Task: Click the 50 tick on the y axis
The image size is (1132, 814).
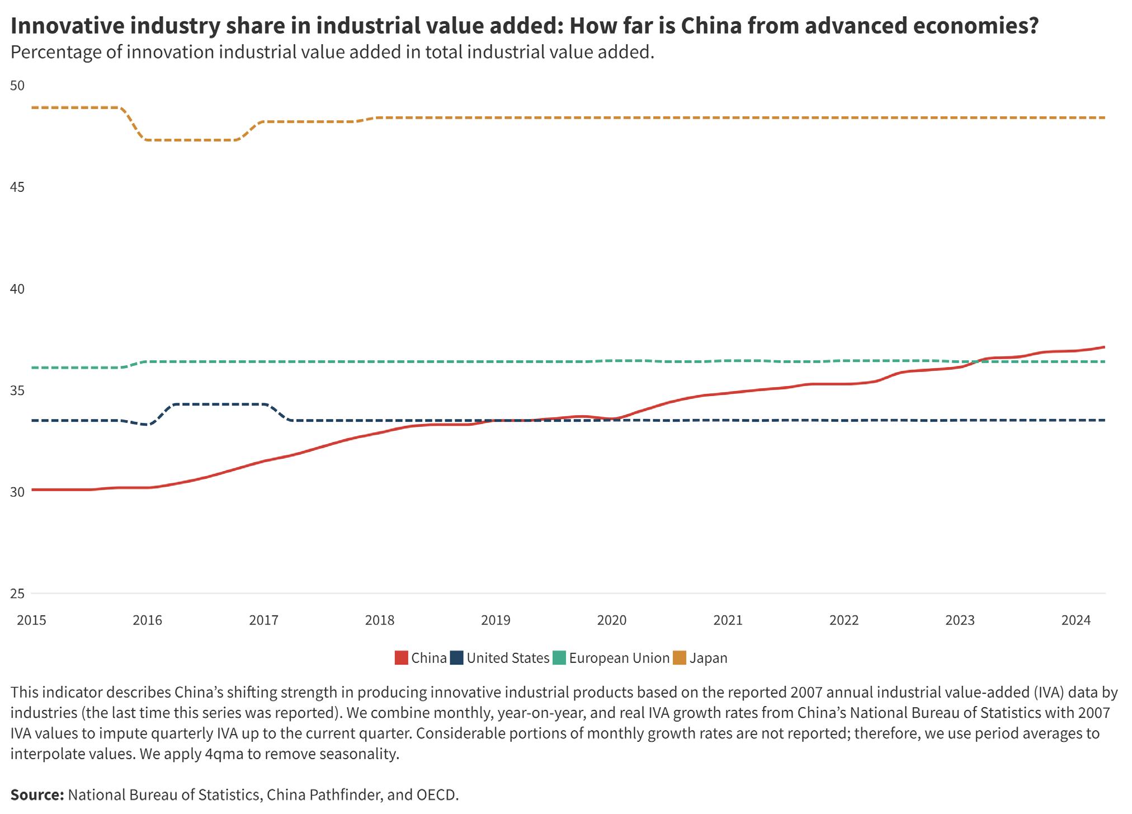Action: (x=17, y=86)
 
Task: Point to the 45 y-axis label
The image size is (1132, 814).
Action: (x=17, y=187)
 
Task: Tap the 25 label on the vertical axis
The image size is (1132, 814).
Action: (x=17, y=594)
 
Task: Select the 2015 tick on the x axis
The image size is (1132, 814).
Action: (x=31, y=620)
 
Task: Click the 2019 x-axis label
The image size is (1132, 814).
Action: (x=496, y=620)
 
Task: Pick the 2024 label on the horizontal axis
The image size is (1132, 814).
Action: (x=1076, y=620)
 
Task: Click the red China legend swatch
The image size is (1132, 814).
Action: (x=401, y=658)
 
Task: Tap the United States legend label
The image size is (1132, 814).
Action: (x=508, y=658)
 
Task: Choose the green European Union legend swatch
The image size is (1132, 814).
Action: (x=559, y=658)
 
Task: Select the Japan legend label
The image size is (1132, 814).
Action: (x=708, y=658)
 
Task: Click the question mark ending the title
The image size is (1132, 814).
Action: (x=1032, y=26)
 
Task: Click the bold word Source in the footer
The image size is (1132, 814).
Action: (x=37, y=795)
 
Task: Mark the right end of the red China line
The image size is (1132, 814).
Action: (x=1105, y=347)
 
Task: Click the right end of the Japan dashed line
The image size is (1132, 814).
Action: (x=1105, y=117)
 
